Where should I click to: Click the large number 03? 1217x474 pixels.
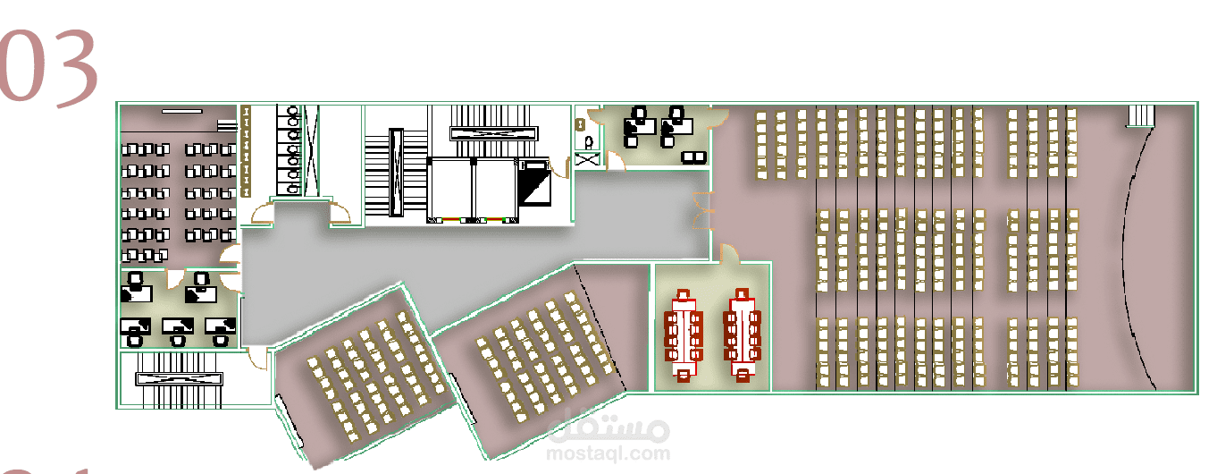point(50,68)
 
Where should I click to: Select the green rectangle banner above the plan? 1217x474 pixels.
point(394,35)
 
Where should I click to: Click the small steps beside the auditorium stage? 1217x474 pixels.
point(1141,115)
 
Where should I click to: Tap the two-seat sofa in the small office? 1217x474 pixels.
point(692,157)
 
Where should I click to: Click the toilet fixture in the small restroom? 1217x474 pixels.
point(588,141)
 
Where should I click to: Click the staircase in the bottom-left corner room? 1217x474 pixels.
point(178,378)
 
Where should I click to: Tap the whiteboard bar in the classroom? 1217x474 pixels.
point(181,111)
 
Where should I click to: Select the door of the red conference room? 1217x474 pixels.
point(729,254)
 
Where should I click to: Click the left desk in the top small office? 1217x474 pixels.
point(635,126)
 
